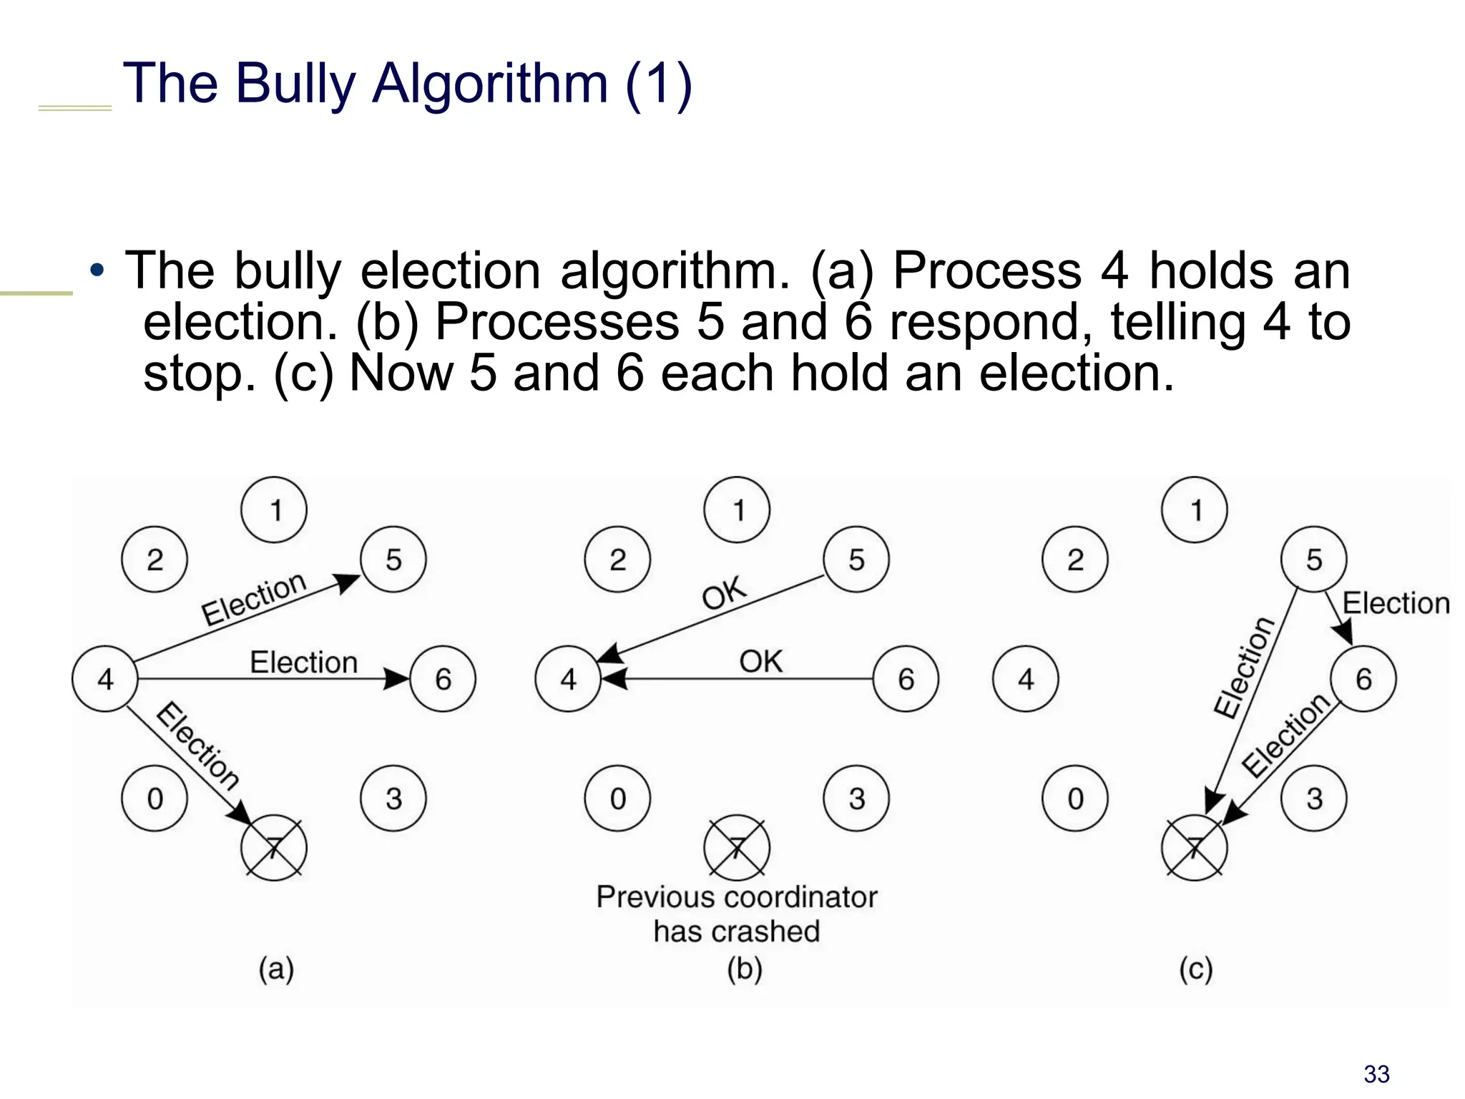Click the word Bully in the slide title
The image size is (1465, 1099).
click(295, 84)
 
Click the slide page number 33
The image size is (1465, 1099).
click(1376, 1074)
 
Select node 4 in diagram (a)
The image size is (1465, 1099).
click(105, 678)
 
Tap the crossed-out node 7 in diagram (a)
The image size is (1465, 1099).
click(274, 847)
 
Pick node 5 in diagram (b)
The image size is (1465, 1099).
click(856, 560)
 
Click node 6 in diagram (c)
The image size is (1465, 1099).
click(1363, 678)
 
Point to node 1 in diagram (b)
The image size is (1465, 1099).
click(738, 510)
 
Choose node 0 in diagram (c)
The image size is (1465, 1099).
click(1075, 798)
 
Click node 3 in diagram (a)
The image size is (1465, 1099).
click(393, 798)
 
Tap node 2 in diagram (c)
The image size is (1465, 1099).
click(1075, 560)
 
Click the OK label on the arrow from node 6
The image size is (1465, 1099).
click(760, 661)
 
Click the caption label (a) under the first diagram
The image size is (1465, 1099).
click(276, 969)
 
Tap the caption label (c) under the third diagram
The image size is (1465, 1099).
click(1195, 969)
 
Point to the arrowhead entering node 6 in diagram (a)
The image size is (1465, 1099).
click(396, 678)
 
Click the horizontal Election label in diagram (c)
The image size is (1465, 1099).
click(1396, 603)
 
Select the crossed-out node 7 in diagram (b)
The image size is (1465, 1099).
click(737, 847)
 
